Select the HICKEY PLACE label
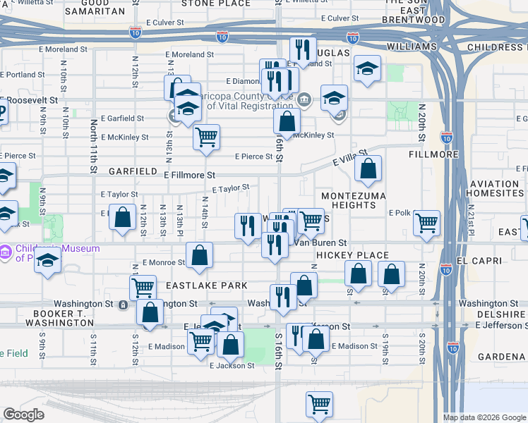point(352,255)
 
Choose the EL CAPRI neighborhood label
point(482,260)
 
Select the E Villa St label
point(351,157)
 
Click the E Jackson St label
point(232,365)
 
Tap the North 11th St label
point(93,145)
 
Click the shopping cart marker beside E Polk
point(427,222)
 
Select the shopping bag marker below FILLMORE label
point(368,169)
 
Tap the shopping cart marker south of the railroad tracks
point(319,405)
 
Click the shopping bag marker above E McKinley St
point(287,121)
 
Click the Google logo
point(23,415)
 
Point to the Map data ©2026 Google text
point(484,417)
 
